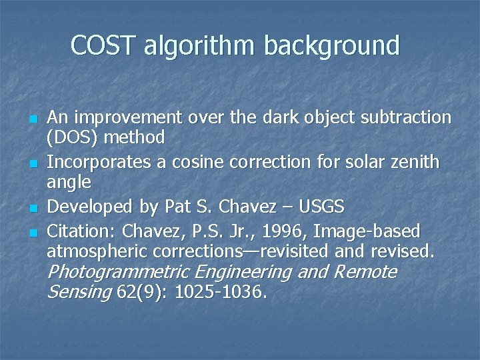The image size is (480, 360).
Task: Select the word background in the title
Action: point(332,47)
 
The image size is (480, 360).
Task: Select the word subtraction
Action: point(407,118)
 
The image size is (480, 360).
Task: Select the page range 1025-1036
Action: point(221,291)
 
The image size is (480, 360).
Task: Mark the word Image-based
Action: point(367,231)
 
